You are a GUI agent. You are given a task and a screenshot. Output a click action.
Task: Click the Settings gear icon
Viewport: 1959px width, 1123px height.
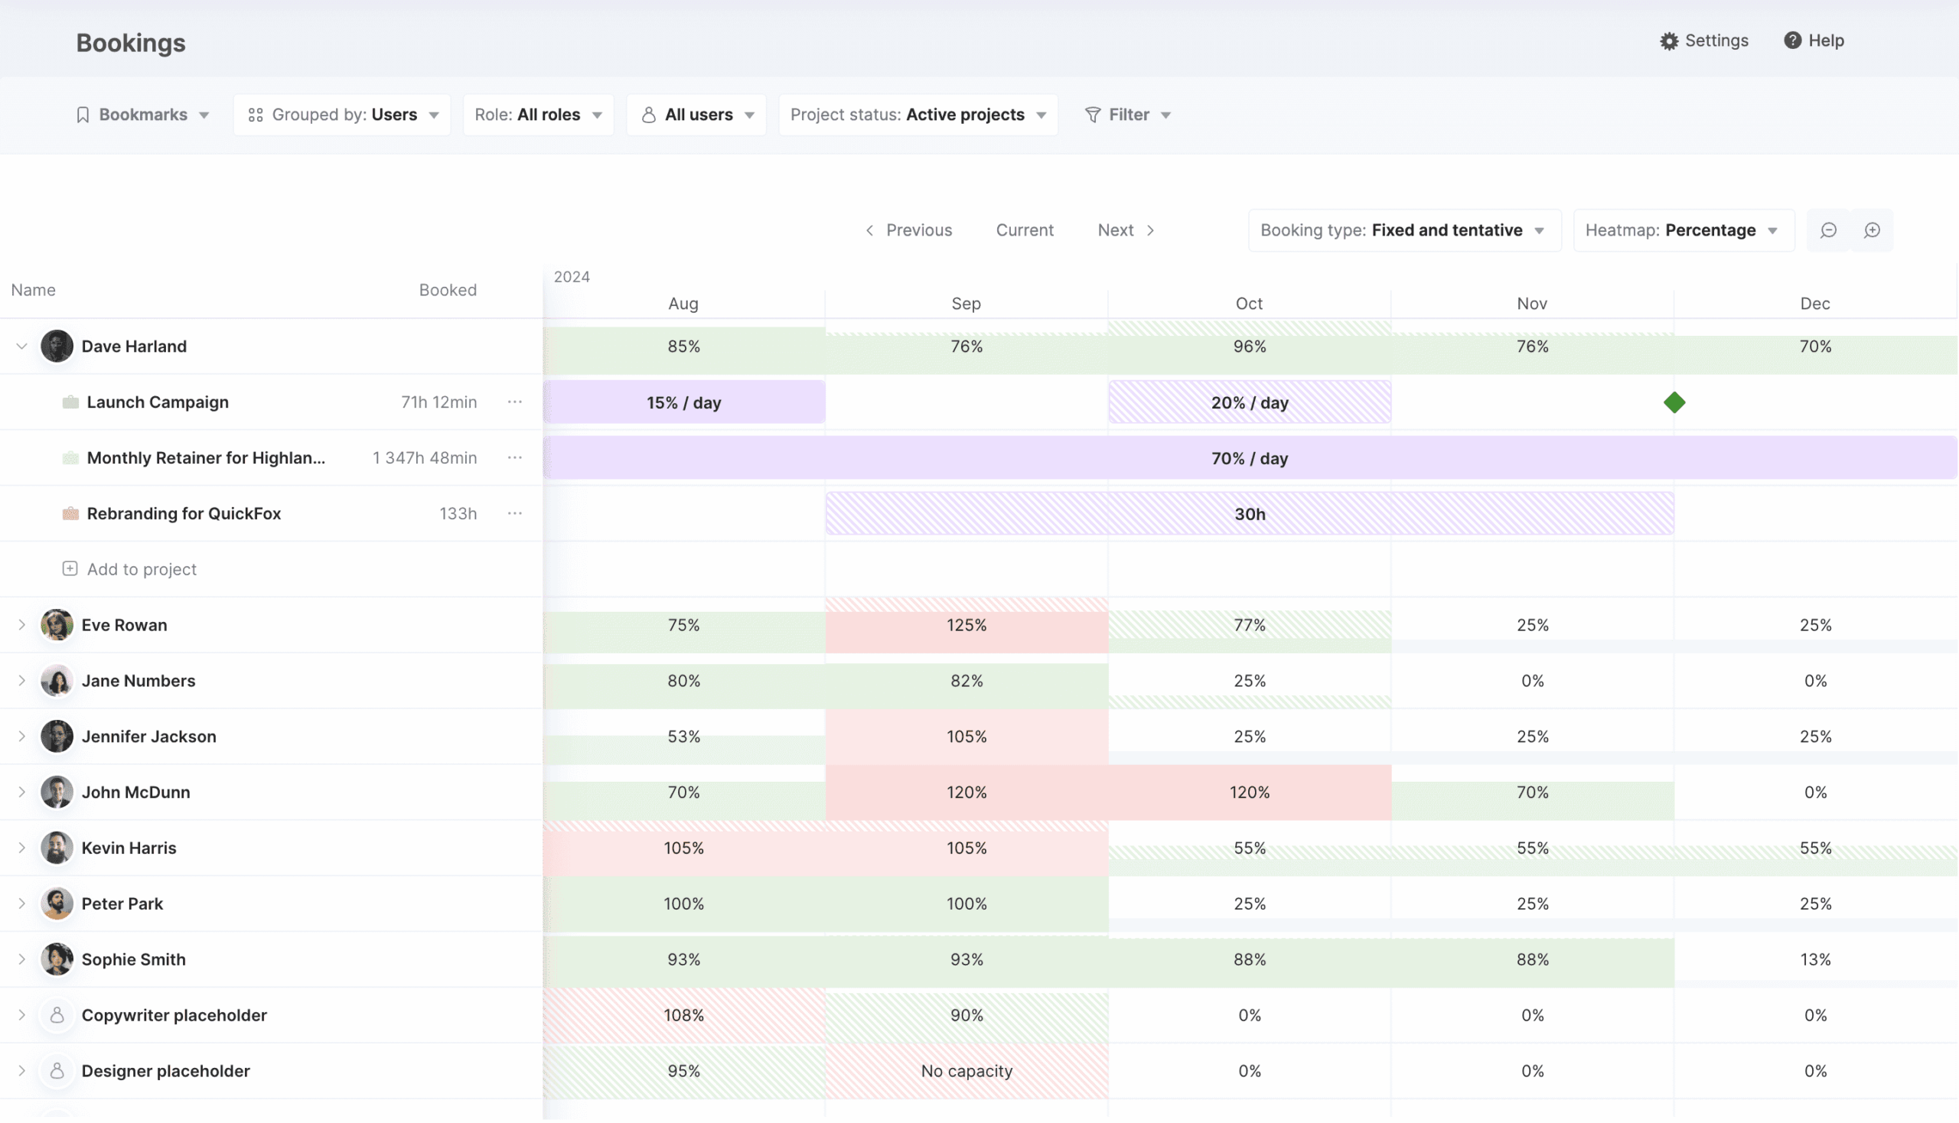coord(1668,41)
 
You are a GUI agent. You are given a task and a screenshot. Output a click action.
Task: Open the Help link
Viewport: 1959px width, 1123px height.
coord(1813,41)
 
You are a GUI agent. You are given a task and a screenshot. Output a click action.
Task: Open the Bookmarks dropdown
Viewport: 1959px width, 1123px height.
coord(143,115)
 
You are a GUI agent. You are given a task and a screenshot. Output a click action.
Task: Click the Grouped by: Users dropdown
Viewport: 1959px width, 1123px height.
coord(343,115)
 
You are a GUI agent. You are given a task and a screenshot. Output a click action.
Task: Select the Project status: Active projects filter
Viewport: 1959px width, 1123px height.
coord(918,115)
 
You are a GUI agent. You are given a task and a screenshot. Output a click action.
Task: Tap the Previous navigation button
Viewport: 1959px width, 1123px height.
coord(908,230)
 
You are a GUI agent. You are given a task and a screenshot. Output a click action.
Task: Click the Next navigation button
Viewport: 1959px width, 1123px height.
coord(1126,230)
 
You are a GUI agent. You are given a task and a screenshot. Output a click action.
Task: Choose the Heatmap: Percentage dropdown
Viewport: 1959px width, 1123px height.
coord(1683,230)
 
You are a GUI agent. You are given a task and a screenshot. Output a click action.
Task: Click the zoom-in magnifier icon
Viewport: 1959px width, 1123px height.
coord(1871,230)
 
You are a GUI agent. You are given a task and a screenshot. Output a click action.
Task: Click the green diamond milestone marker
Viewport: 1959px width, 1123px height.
coord(1674,402)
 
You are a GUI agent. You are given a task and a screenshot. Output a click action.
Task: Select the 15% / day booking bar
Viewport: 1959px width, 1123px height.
coord(683,402)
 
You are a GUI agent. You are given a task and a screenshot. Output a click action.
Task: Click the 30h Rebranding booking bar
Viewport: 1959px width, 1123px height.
coord(1249,514)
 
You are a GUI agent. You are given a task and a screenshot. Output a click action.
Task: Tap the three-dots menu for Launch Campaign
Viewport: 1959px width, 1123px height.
coord(515,402)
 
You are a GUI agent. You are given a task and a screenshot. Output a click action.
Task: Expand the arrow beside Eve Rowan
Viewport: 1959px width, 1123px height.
coord(21,626)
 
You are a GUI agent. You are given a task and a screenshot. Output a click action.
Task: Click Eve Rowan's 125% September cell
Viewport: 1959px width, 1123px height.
coord(966,626)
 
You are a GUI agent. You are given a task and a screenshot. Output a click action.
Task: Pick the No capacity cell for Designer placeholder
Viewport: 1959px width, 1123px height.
coord(966,1071)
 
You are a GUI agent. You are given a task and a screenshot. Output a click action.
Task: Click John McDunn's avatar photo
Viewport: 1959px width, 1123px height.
coord(57,792)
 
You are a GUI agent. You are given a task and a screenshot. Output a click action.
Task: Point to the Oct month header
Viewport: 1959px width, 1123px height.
coord(1248,304)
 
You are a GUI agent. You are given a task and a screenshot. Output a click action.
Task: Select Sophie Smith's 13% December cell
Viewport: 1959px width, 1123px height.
coord(1814,959)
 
